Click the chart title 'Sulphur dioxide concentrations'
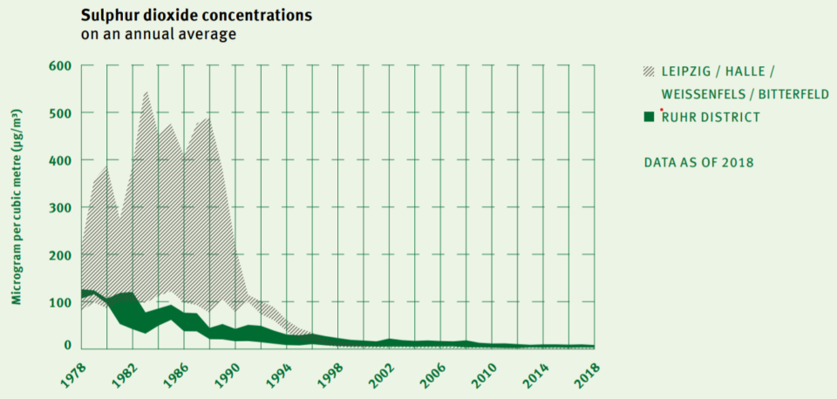(x=196, y=16)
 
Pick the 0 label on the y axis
(x=66, y=346)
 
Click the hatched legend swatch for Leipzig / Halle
(x=649, y=71)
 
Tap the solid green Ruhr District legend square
(x=649, y=117)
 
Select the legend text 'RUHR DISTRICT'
(x=711, y=117)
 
